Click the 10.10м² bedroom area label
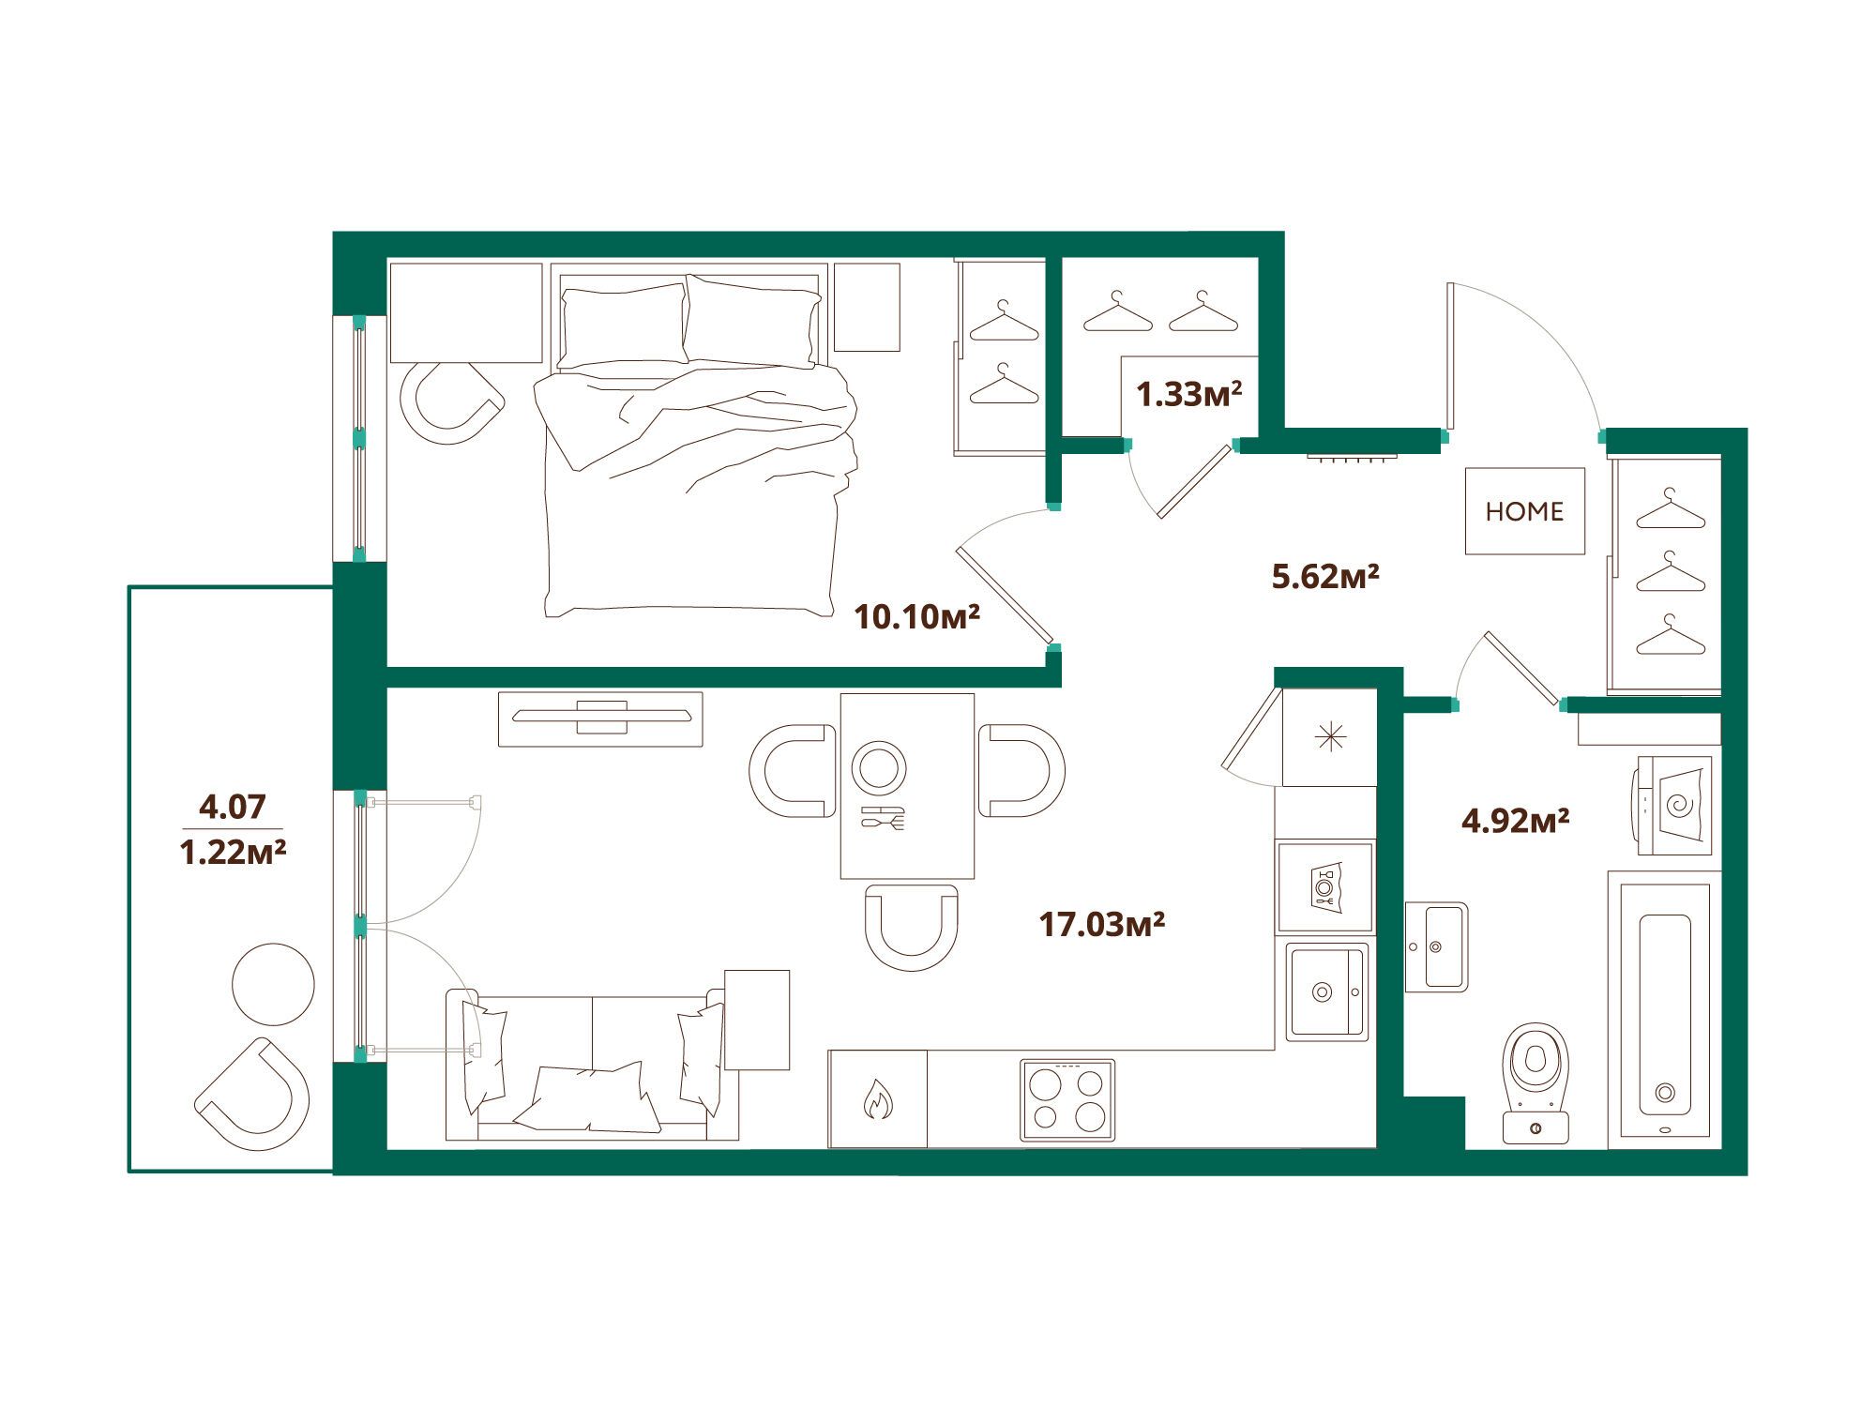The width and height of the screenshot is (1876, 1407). [916, 616]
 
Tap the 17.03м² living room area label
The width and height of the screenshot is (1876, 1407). [1101, 924]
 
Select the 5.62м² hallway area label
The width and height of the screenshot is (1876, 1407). [1324, 575]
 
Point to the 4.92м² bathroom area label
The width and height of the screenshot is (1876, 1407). [1515, 821]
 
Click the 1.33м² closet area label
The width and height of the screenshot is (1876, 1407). [1188, 394]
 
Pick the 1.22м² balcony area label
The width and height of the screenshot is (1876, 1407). [233, 852]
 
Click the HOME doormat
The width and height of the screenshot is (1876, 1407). [1525, 511]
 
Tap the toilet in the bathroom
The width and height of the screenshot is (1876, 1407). [1536, 1082]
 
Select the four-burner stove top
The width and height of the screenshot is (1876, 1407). [1067, 1100]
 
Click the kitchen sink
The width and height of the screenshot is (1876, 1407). [1326, 991]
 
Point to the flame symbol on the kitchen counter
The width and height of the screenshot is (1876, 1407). [878, 1099]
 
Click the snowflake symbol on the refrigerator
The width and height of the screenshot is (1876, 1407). [1330, 738]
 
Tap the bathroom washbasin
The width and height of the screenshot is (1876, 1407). [1436, 947]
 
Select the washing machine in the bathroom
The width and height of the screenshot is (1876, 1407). [1675, 805]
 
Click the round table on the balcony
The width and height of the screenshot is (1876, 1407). [273, 984]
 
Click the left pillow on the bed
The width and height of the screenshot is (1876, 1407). [623, 325]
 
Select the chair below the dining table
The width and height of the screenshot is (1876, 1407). [912, 927]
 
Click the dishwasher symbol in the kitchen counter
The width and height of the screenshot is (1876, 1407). [1325, 886]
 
